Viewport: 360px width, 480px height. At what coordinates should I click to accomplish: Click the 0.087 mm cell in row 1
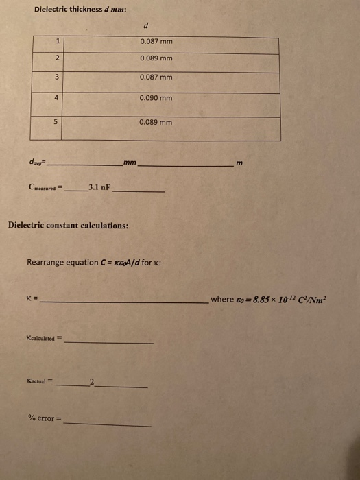(156, 42)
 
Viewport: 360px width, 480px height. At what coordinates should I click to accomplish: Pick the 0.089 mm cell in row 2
(156, 59)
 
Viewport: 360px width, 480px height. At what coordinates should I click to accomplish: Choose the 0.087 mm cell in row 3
(156, 77)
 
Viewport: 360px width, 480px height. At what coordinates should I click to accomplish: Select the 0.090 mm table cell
(156, 98)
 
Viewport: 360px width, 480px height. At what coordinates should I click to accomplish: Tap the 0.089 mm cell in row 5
(156, 122)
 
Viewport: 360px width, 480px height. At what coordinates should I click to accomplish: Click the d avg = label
(36, 163)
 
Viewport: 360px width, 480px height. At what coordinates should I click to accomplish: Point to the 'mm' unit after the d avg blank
(130, 163)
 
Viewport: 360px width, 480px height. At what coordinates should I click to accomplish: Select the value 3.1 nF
(99, 186)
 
